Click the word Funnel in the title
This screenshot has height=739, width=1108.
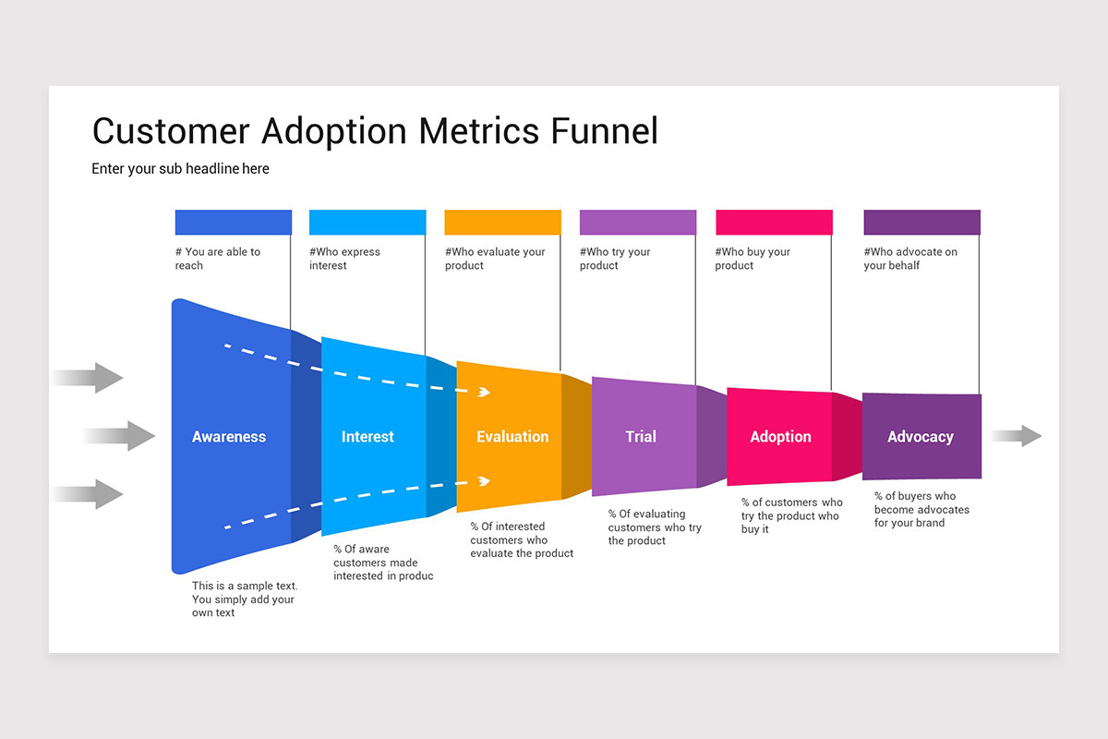[x=604, y=131]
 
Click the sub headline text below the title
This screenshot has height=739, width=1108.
[x=180, y=169]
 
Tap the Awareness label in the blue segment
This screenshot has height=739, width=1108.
[x=229, y=437]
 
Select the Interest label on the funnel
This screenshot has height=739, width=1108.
[x=367, y=437]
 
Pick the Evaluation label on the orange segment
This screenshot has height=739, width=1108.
[x=512, y=437]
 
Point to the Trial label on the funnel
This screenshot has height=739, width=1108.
[x=641, y=437]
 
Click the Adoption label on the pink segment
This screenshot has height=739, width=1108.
[x=780, y=437]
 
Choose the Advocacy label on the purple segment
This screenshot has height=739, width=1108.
[x=920, y=437]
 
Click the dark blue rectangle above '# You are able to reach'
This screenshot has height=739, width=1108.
[x=234, y=223]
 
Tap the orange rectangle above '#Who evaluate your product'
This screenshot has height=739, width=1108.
[x=502, y=223]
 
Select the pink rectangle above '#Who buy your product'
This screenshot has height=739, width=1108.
[x=774, y=223]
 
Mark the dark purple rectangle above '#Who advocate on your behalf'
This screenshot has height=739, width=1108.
[x=921, y=223]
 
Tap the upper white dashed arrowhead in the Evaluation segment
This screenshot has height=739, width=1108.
[x=484, y=393]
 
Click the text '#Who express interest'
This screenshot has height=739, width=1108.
[x=344, y=259]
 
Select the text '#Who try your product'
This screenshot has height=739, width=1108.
[x=615, y=259]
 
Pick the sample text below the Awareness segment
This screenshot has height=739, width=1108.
[x=245, y=599]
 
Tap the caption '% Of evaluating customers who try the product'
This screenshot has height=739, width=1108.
[x=655, y=527]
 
